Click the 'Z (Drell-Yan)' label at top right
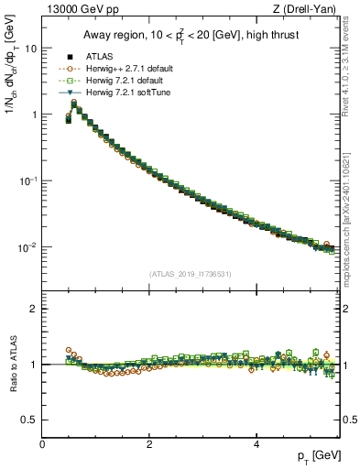pos(311,9)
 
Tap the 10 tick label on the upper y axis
pos(30,49)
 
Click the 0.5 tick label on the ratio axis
pos(29,420)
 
